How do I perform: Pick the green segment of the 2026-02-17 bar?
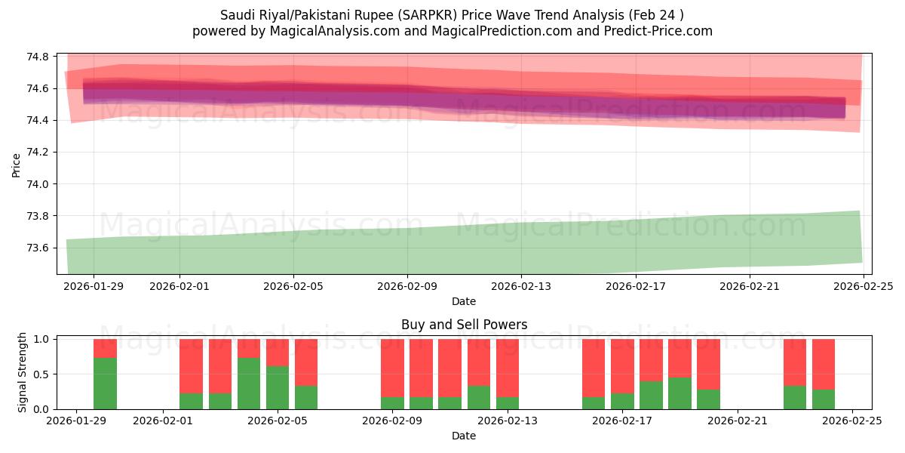622,401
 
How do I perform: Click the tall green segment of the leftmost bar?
105,383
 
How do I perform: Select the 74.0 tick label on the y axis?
38,184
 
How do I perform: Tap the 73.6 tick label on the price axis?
38,248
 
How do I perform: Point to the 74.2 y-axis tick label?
38,153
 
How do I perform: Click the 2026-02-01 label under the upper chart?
179,286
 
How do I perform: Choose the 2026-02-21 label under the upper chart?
750,286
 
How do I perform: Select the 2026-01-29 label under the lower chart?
77,421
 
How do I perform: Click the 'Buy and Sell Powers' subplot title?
464,325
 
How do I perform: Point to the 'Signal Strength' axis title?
23,372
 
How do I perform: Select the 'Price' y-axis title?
17,164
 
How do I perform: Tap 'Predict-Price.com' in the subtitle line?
661,31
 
